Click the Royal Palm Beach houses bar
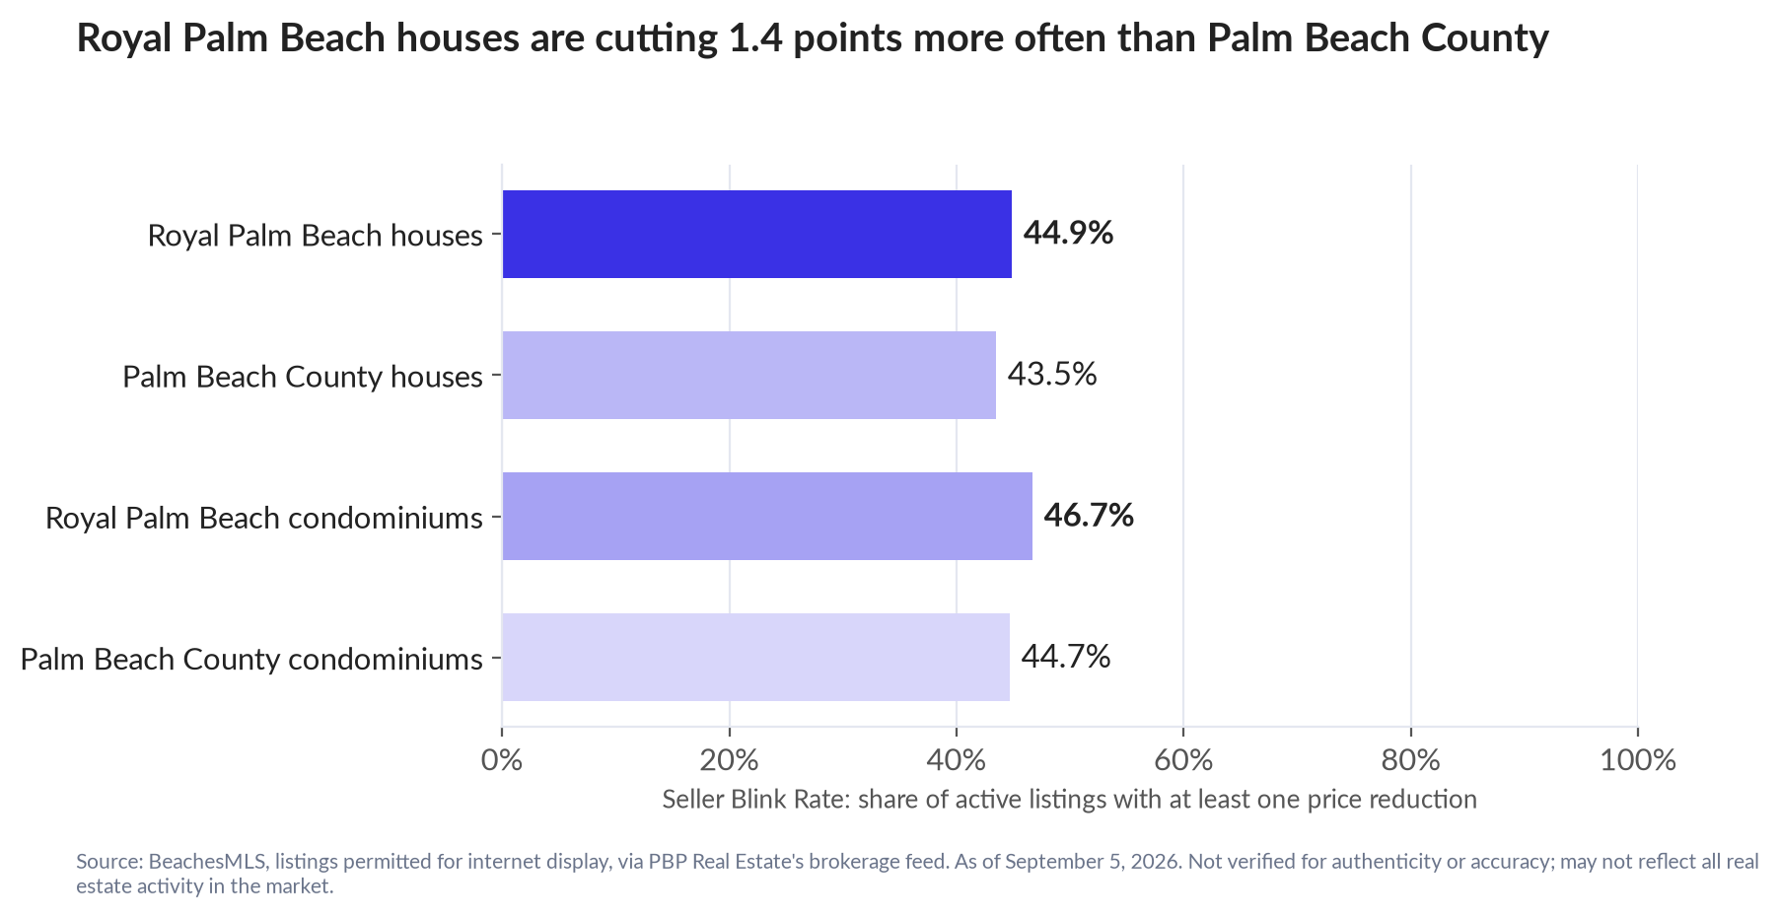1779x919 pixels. (756, 234)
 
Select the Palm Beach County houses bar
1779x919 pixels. (748, 375)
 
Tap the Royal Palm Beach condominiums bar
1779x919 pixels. (767, 516)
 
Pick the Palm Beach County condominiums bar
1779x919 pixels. (755, 657)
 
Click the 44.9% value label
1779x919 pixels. (1068, 234)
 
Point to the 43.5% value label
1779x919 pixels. (1051, 375)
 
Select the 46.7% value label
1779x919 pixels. (1089, 516)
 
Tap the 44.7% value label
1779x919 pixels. (1065, 657)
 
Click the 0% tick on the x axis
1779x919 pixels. (502, 760)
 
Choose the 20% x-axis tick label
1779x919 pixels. (730, 760)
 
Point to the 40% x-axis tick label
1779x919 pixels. (957, 760)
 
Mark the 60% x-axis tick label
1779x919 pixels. (1183, 760)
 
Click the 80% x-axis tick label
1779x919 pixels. (1411, 760)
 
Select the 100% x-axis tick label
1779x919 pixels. (1638, 760)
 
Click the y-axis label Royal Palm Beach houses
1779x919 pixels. (316, 236)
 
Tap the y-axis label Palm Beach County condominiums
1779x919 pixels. (251, 659)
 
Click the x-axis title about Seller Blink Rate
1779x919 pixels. (1070, 800)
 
